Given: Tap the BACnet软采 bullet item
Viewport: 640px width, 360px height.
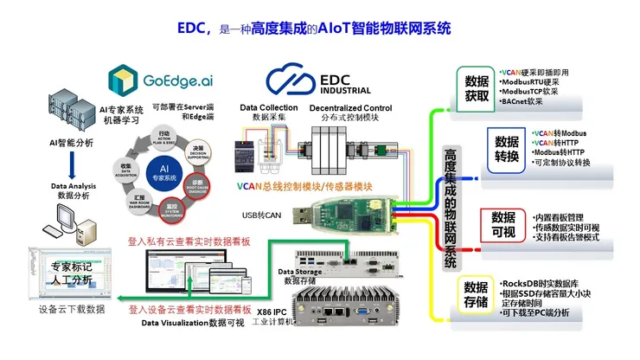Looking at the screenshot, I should point(522,102).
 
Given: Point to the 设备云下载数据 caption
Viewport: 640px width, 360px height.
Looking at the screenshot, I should point(71,309).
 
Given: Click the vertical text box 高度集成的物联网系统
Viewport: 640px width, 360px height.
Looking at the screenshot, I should point(450,207).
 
